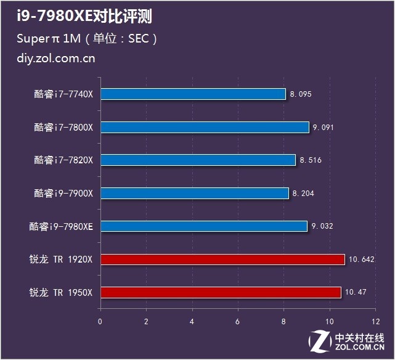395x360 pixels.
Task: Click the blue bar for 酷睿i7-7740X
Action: tap(193, 94)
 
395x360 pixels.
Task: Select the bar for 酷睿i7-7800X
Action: tap(205, 128)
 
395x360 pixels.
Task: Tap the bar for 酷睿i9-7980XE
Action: tap(204, 226)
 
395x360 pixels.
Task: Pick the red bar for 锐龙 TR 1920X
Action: tap(222, 260)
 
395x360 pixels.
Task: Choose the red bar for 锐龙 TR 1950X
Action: tap(221, 292)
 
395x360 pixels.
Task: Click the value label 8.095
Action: tap(301, 94)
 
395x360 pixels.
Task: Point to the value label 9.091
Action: tap(324, 128)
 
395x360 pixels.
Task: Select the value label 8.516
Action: tap(311, 160)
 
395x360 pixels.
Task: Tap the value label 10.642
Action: tap(361, 260)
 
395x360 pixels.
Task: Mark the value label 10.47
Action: tap(355, 292)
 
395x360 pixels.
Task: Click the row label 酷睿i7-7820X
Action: tap(63, 160)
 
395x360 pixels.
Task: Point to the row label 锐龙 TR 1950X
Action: tap(60, 292)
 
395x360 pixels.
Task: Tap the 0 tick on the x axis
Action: tap(100, 321)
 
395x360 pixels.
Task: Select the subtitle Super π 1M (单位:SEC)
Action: tap(87, 38)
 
